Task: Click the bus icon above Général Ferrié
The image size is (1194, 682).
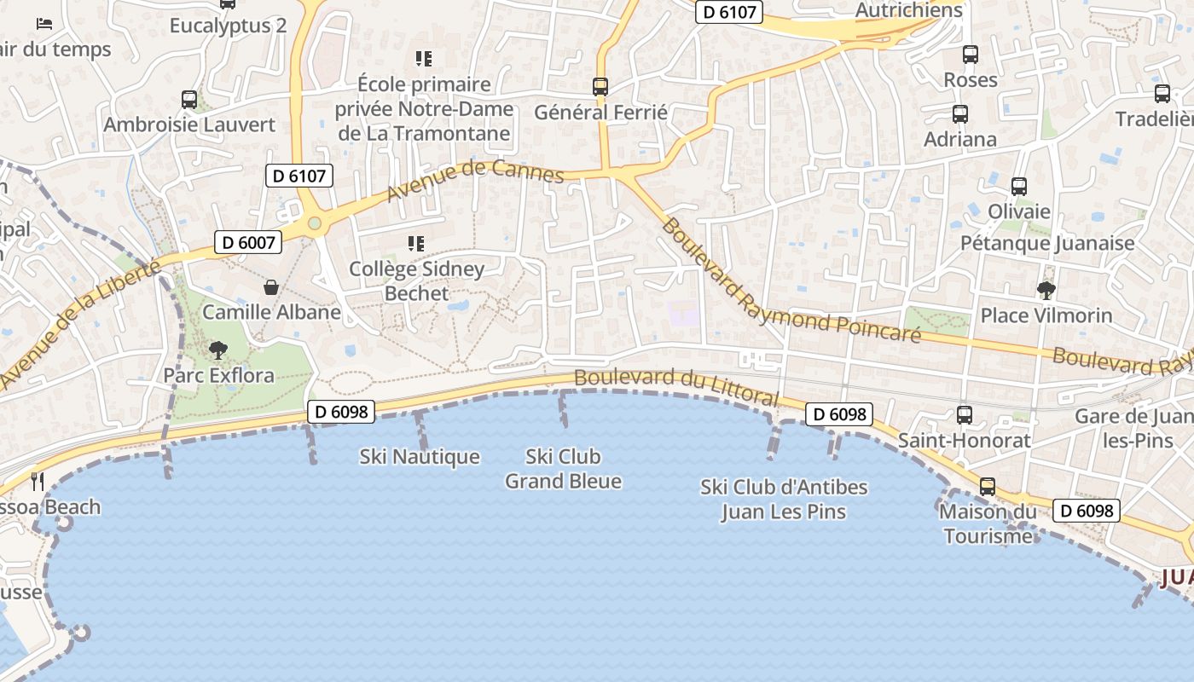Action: coord(600,86)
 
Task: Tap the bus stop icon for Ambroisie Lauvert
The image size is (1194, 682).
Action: coord(189,99)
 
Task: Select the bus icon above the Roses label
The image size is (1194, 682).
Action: coord(971,55)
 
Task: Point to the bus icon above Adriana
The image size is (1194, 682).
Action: coord(960,113)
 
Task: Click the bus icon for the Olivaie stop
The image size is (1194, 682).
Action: coord(1018,186)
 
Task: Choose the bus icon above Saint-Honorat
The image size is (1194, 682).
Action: coord(965,415)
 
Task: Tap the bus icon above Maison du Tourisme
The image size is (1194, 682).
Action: coord(988,487)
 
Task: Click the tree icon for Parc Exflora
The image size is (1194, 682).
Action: coord(218,350)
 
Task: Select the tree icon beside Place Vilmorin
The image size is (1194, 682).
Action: coord(1046,290)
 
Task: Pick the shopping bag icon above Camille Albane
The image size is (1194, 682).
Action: coord(271,287)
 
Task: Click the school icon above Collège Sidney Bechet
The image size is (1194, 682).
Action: coord(416,244)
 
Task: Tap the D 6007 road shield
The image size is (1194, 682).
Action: coord(247,242)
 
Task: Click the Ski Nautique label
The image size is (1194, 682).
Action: coord(420,457)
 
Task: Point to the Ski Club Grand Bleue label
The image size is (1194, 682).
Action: coord(563,469)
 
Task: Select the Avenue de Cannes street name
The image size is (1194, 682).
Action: coord(475,181)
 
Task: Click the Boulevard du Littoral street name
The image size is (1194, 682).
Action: coord(676,387)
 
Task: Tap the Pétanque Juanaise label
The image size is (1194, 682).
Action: coord(1047,243)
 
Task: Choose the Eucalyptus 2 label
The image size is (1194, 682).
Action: coord(228,26)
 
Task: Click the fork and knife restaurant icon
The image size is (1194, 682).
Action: coord(37,482)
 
